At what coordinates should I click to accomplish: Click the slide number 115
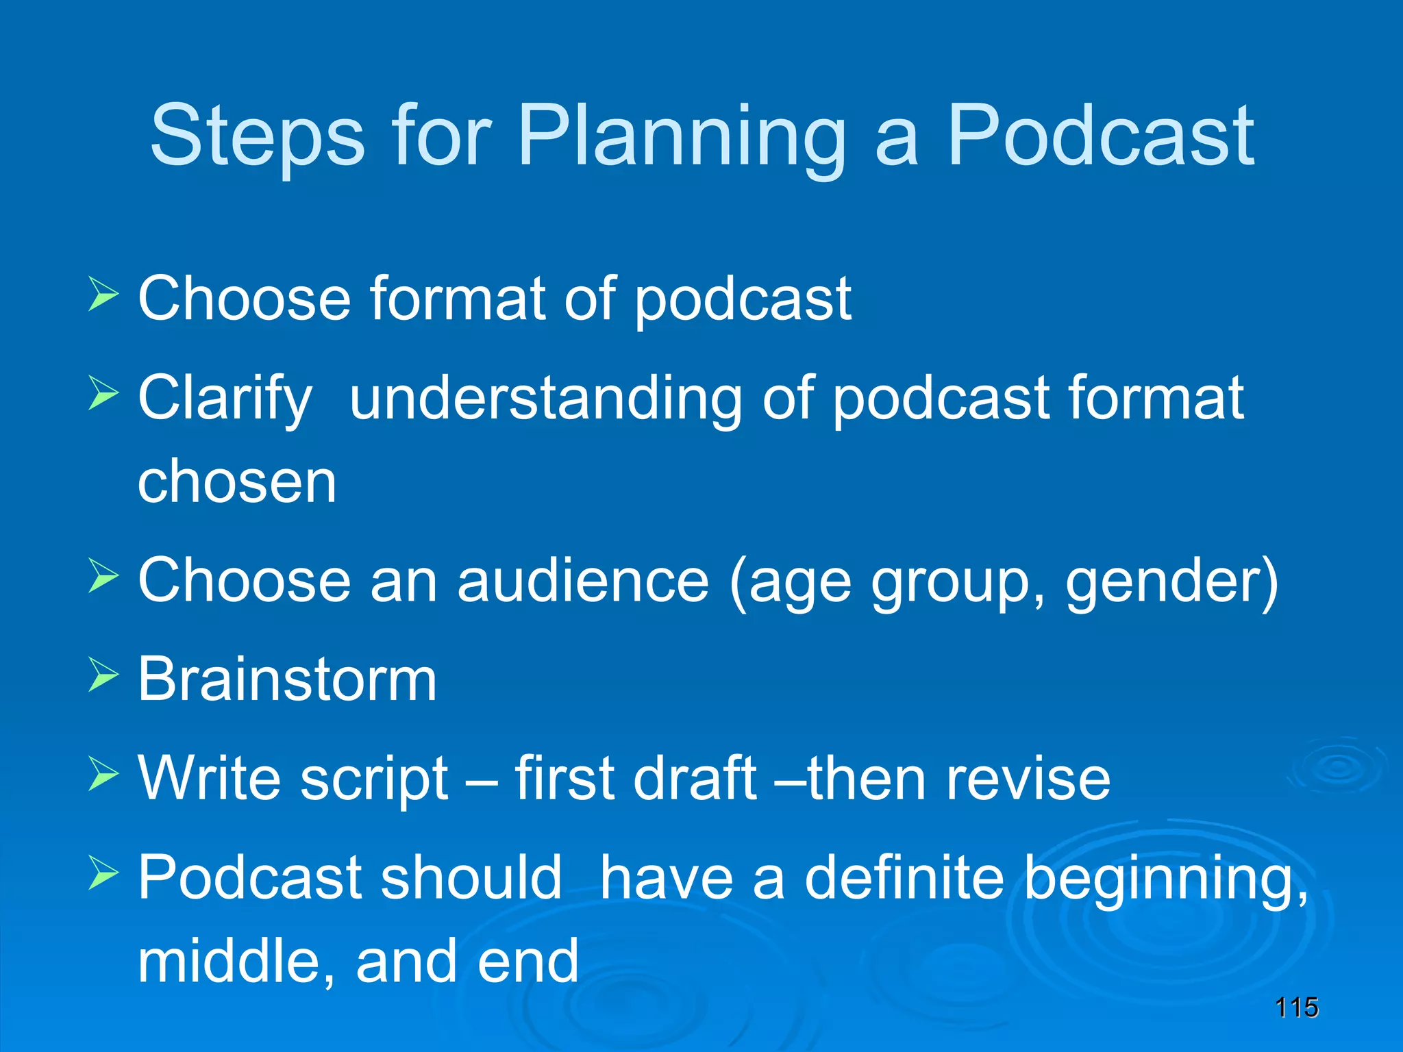pos(1296,1007)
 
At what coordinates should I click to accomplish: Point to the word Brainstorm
pos(287,679)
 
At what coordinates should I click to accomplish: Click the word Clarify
pos(225,399)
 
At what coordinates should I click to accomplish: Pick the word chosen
pos(237,481)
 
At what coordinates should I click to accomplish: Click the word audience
pos(582,581)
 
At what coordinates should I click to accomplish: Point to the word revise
pos(1028,779)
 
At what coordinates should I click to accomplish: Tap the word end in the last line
pos(528,961)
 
